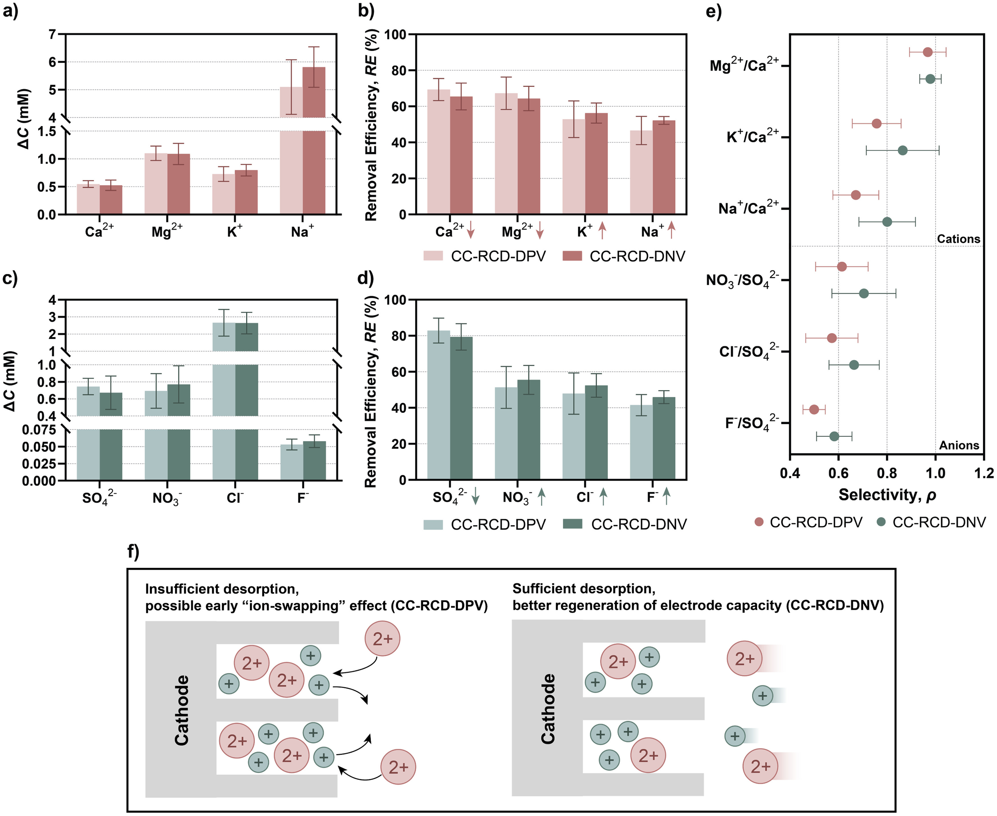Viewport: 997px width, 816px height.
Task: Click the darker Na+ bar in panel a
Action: click(x=314, y=141)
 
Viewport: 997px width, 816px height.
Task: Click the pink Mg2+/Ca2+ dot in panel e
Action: click(x=927, y=52)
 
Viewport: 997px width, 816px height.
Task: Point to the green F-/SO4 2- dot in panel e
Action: click(x=834, y=436)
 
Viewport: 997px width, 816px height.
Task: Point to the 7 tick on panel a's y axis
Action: click(x=52, y=34)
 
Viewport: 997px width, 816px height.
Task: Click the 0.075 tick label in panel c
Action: click(x=38, y=430)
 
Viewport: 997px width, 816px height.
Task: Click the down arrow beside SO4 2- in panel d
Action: click(x=475, y=496)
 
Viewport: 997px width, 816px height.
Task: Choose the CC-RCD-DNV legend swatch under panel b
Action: click(x=572, y=256)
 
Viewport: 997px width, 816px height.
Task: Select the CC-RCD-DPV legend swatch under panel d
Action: click(x=433, y=525)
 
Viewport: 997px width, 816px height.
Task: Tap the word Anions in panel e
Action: click(x=959, y=445)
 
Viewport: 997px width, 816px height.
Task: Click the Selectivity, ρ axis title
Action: click(x=887, y=495)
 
